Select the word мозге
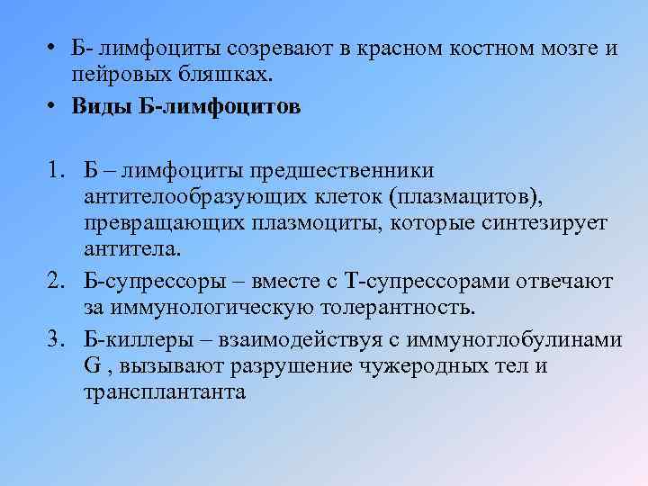(x=564, y=48)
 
